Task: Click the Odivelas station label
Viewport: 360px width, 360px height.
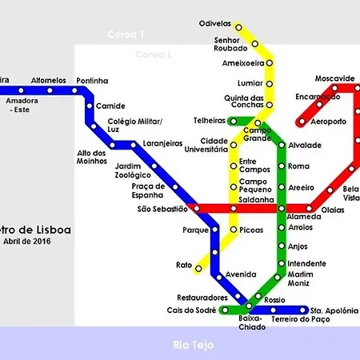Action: [x=214, y=24]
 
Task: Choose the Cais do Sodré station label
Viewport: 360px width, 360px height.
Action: [x=192, y=310]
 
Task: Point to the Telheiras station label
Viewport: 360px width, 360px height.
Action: [x=210, y=121]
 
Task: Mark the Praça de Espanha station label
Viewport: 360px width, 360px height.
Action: [x=148, y=190]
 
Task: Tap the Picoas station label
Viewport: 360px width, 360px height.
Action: [x=251, y=230]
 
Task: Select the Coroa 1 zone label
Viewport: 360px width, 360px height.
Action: [x=126, y=35]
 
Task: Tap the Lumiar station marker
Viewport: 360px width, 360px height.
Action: [x=269, y=83]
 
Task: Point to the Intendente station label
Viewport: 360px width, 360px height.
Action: [x=306, y=263]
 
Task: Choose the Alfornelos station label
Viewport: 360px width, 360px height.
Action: [x=48, y=80]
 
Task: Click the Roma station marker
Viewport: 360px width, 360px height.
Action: [x=282, y=166]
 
